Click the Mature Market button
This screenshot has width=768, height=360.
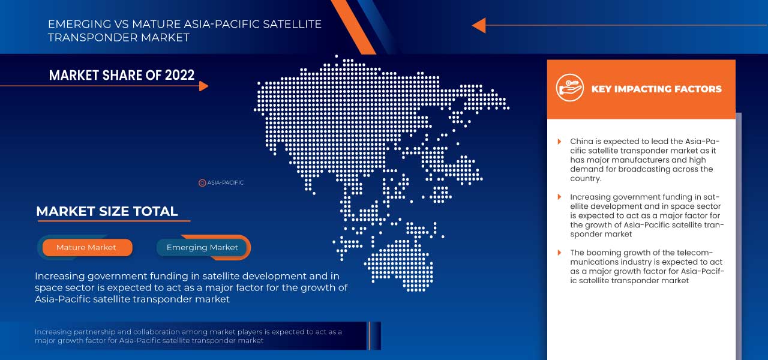(86, 247)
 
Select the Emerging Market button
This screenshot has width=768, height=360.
(202, 247)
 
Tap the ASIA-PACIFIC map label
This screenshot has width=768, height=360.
(226, 182)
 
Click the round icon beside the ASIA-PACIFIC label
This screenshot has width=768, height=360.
(202, 182)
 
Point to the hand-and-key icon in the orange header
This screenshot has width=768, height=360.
(569, 88)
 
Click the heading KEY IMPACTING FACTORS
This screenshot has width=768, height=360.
(656, 89)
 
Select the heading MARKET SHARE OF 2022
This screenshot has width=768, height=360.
(122, 75)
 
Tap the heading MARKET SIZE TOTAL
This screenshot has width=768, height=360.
(107, 211)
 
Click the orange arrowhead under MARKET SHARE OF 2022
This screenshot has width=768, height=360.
(203, 86)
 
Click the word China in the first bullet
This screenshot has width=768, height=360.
(581, 142)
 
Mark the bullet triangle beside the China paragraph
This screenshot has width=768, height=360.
(559, 142)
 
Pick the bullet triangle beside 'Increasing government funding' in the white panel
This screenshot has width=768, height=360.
(559, 197)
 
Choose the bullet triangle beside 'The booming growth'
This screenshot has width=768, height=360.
(559, 253)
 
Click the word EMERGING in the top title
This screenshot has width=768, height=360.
(74, 25)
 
